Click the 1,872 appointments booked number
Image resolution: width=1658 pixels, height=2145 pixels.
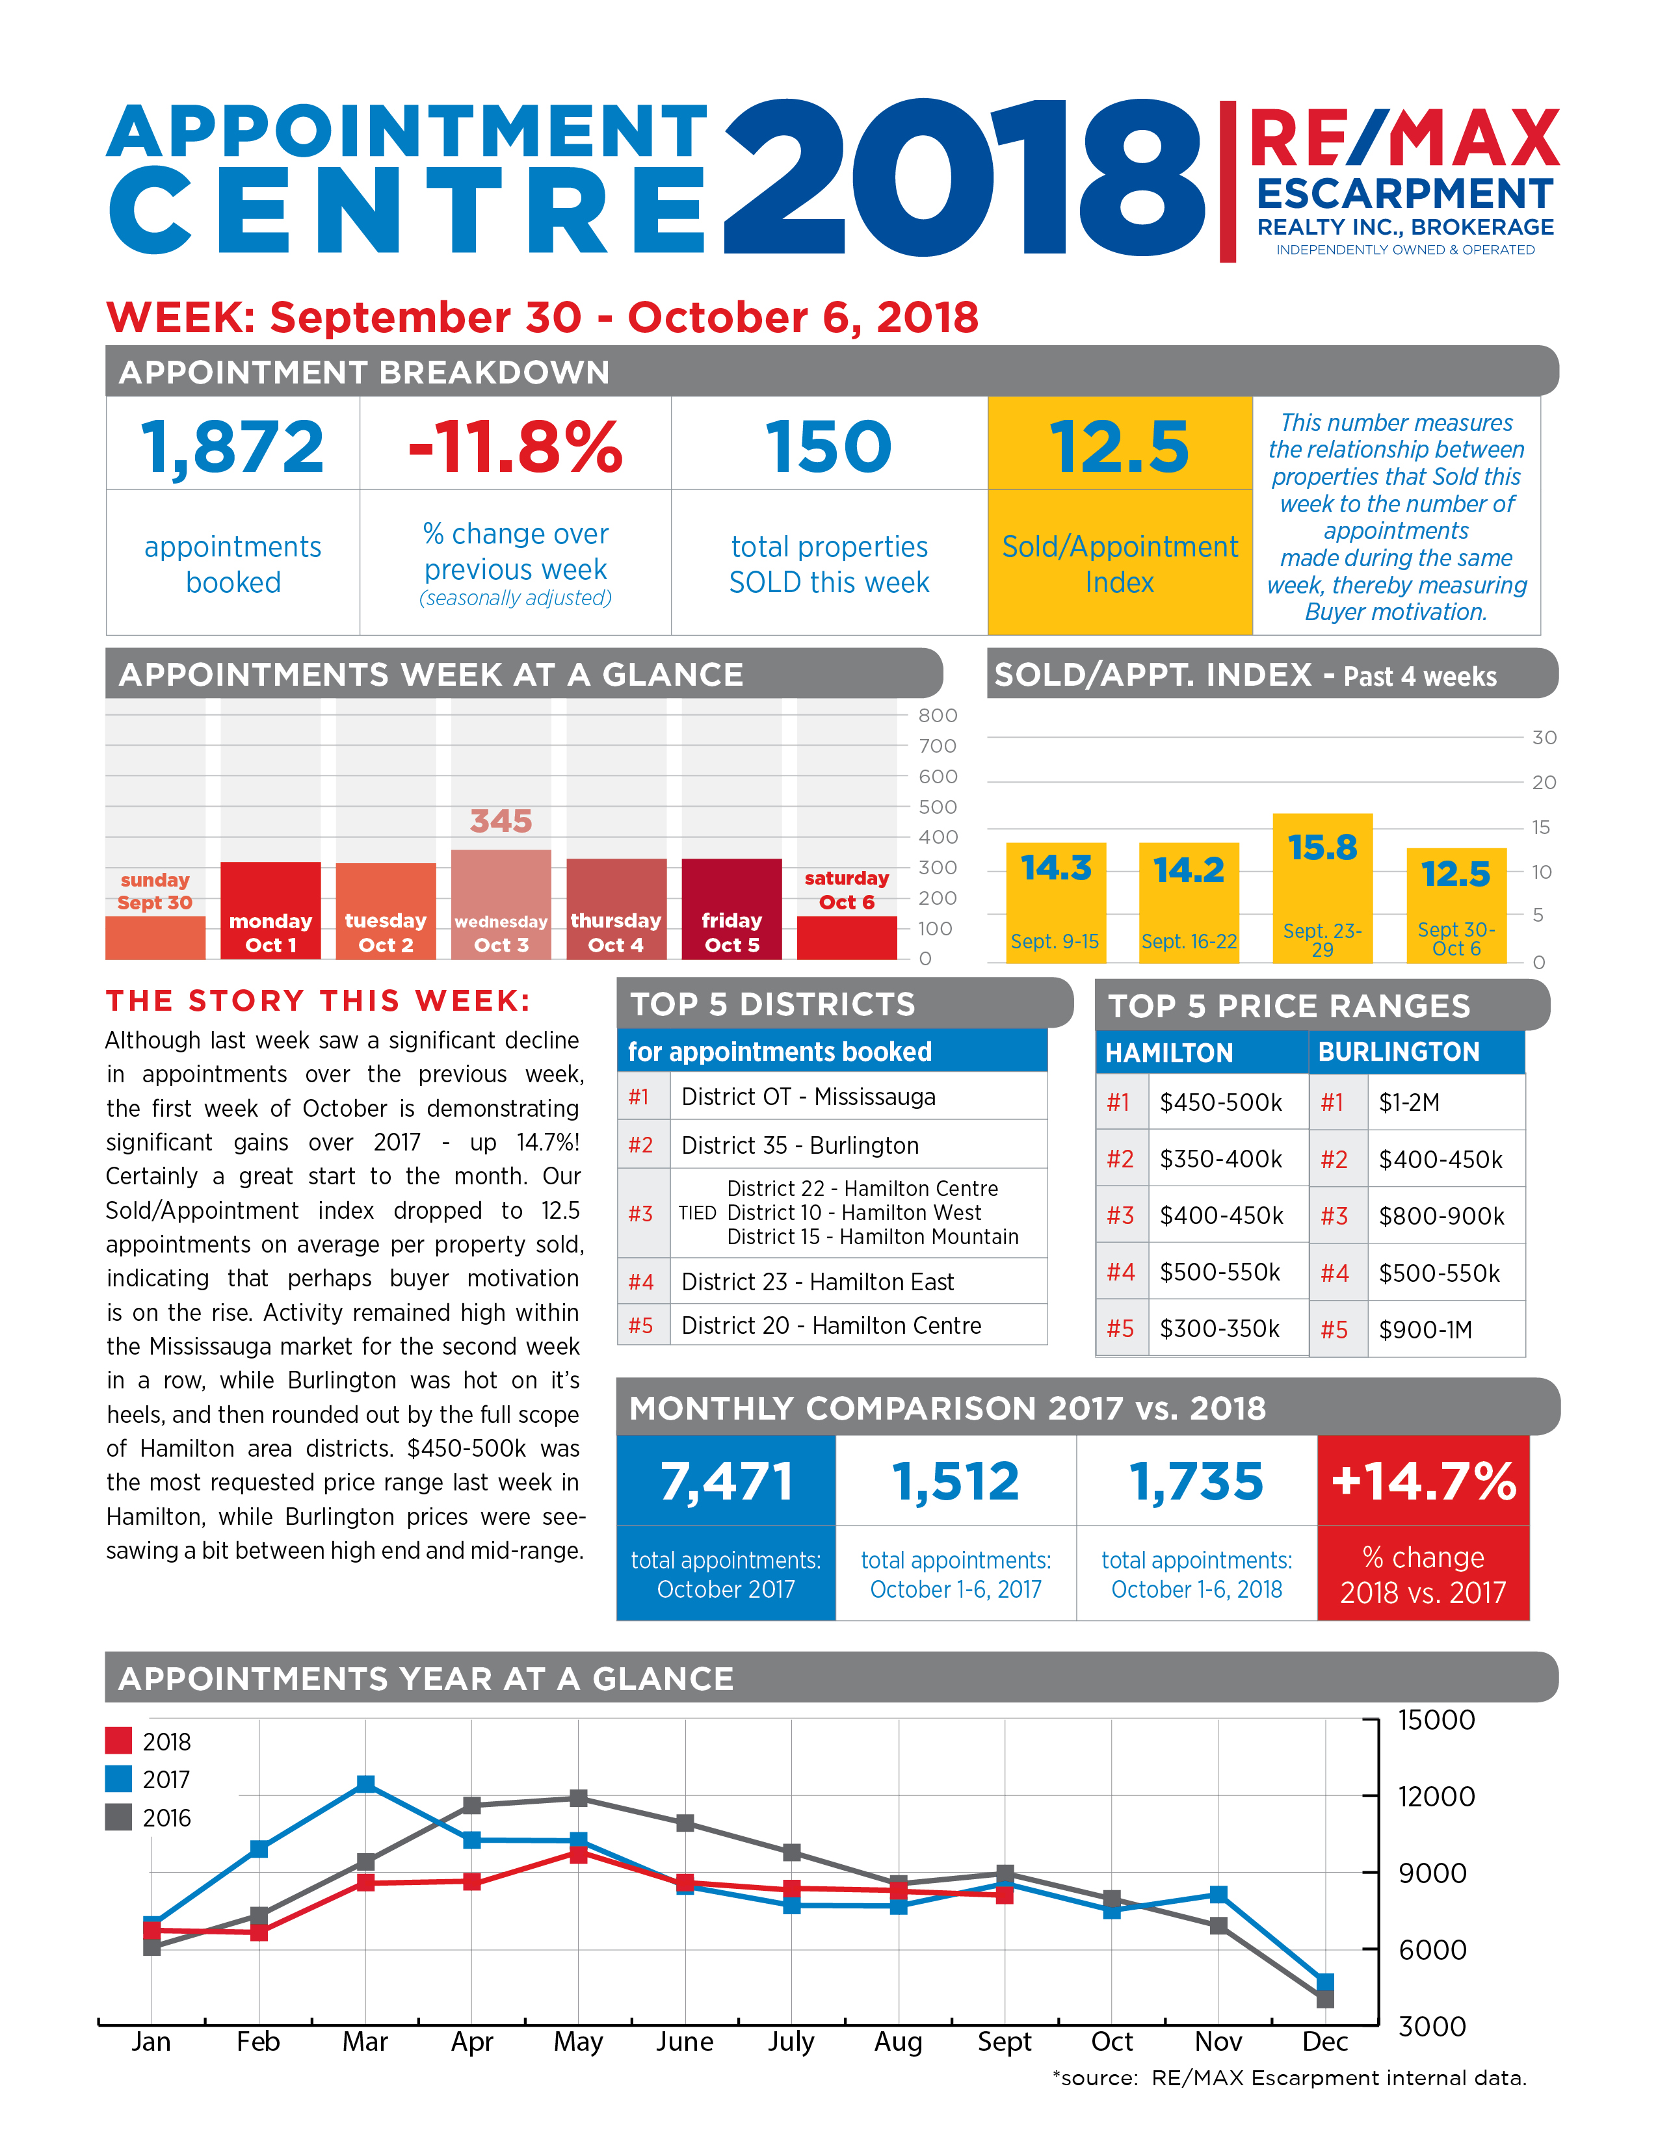(x=233, y=448)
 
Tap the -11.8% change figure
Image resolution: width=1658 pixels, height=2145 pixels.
(x=516, y=447)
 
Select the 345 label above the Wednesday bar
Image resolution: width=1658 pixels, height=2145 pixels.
(x=501, y=821)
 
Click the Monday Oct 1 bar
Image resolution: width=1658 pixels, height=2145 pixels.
(x=270, y=911)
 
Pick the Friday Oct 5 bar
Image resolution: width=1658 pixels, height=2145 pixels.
(x=731, y=909)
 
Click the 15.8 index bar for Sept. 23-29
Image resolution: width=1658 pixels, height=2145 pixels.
(x=1322, y=888)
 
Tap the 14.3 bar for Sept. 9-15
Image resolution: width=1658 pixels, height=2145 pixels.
(x=1056, y=903)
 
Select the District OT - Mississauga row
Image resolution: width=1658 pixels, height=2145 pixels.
(x=833, y=1097)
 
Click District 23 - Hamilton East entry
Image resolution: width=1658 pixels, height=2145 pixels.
(x=817, y=1282)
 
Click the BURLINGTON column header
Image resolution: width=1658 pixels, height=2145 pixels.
(x=1399, y=1052)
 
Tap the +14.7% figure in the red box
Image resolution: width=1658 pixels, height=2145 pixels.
(x=1423, y=1481)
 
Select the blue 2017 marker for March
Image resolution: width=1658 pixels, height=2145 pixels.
(x=365, y=1784)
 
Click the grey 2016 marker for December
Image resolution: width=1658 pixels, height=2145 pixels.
(x=1325, y=1999)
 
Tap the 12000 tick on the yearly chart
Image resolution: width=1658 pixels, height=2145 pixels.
(x=1436, y=1797)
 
